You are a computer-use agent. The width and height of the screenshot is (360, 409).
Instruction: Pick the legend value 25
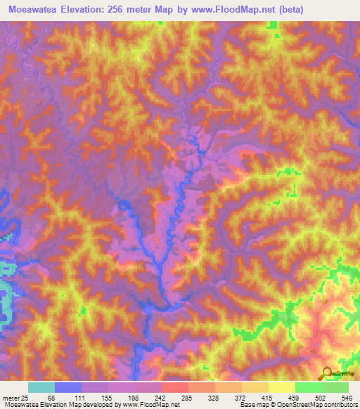(25, 397)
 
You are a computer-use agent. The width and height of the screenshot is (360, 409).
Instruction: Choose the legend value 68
(49, 397)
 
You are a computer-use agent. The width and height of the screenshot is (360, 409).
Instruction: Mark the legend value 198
(139, 397)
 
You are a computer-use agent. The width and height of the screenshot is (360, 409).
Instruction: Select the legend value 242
(170, 397)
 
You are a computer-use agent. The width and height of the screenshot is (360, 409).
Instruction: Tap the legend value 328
(231, 397)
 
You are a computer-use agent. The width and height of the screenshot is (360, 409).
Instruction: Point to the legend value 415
(292, 397)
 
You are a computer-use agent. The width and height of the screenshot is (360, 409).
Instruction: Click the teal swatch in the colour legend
(41, 387)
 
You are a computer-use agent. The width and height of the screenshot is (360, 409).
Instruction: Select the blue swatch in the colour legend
(68, 387)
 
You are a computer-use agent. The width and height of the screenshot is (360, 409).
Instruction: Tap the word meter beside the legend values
(9, 397)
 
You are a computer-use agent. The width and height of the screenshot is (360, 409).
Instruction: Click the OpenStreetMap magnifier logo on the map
(326, 372)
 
